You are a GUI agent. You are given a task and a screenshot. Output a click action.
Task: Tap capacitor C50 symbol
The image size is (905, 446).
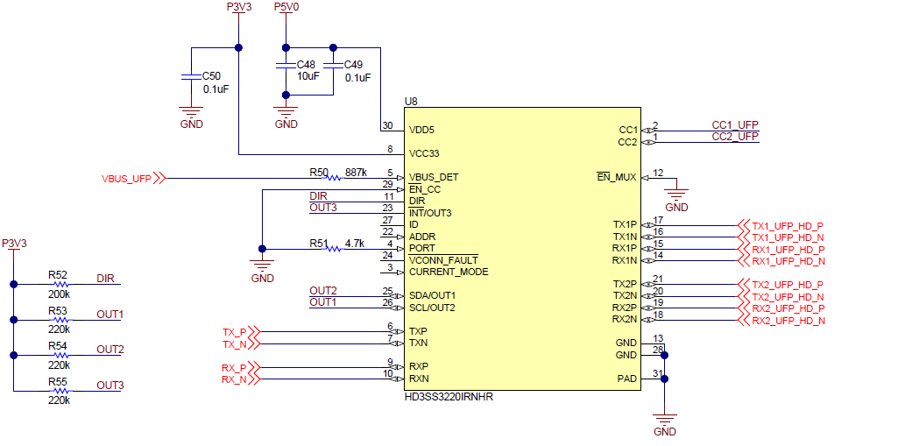190,78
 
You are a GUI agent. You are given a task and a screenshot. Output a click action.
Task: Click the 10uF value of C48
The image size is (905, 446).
308,76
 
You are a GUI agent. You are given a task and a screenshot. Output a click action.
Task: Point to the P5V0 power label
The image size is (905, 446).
286,7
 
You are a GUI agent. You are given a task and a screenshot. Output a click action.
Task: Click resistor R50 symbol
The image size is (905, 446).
333,178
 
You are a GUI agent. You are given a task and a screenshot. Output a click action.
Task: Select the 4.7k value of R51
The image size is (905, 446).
355,243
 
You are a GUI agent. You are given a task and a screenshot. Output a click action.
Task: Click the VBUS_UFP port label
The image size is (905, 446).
126,179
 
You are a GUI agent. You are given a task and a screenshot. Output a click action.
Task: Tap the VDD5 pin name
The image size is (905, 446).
421,130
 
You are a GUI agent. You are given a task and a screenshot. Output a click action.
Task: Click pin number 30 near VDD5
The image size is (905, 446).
387,126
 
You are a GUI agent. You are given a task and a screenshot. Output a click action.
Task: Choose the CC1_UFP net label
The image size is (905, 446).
734,125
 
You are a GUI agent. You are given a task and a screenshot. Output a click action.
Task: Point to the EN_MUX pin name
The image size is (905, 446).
617,177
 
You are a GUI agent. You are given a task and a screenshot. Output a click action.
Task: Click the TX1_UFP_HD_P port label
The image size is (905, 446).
788,226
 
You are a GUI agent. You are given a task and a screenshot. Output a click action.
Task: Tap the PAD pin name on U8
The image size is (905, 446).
626,379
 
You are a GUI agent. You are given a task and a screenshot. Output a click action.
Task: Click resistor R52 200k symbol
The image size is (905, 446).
60,284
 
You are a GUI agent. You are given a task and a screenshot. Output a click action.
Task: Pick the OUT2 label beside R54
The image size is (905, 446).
110,350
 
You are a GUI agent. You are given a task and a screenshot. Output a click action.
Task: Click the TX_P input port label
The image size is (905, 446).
234,332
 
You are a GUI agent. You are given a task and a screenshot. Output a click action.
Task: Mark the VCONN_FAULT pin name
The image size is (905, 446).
443,260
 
